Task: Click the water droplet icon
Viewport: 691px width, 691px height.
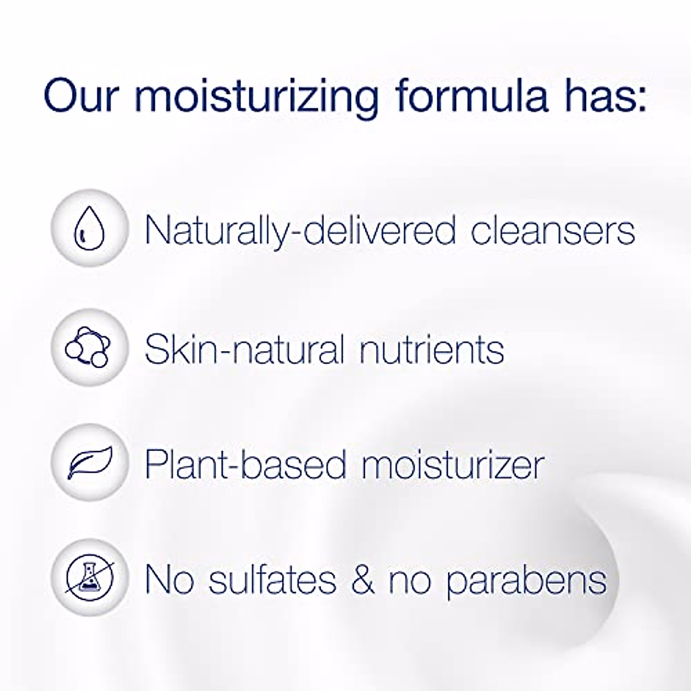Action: [89, 228]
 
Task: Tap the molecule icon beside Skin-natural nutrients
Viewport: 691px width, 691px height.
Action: [89, 348]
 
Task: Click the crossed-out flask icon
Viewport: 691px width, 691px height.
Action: [89, 578]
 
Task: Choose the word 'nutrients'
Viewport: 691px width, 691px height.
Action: [432, 349]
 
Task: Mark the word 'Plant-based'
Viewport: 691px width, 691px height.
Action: [245, 464]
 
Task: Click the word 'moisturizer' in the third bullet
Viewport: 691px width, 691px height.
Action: [453, 464]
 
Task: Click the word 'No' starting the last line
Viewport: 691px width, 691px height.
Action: [168, 579]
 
